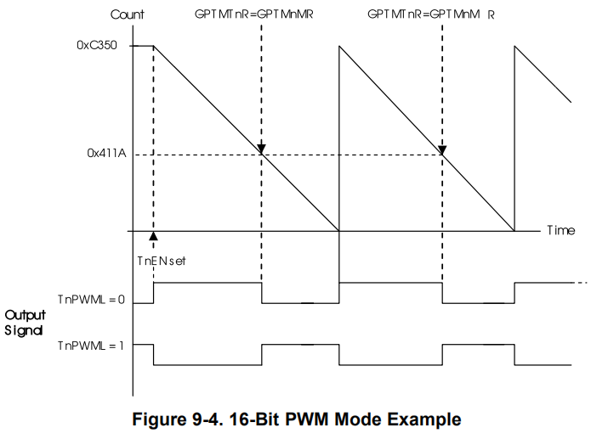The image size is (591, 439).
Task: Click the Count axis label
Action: point(128,15)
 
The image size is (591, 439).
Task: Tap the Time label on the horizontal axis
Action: point(560,230)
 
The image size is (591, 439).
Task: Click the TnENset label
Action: point(161,262)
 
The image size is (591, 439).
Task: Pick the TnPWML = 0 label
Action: point(91,299)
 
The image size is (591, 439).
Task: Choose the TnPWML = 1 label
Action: point(91,346)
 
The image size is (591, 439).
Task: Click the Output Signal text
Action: point(25,323)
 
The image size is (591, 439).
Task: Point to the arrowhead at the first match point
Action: point(261,149)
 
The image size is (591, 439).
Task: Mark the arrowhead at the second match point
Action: point(442,149)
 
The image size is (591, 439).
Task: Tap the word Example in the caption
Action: point(428,419)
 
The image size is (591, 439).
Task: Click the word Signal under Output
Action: point(25,330)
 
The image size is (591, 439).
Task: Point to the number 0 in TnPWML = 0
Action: point(122,299)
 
